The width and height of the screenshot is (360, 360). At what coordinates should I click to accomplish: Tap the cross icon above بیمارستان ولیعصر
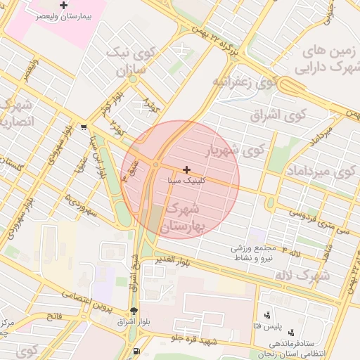(x=64, y=6)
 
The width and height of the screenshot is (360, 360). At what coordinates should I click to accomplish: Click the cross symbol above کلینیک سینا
(x=186, y=169)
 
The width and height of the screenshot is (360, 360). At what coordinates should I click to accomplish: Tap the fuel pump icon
(x=135, y=351)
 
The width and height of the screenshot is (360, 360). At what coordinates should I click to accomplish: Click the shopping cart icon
(x=84, y=127)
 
